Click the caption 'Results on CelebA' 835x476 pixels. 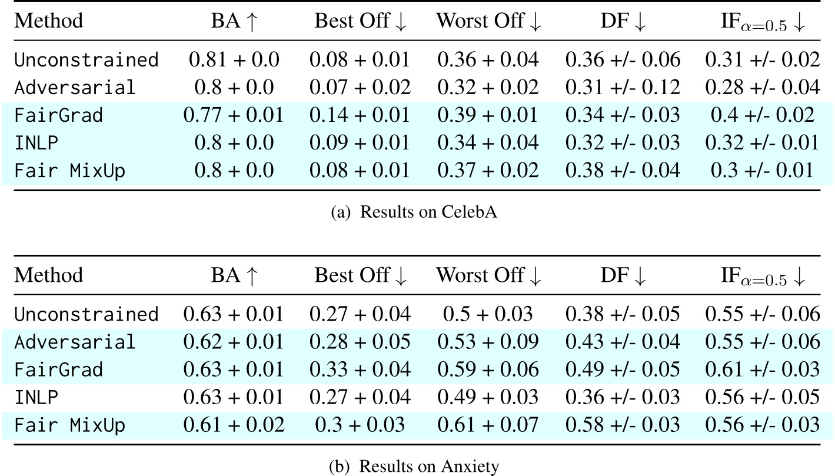[417, 212]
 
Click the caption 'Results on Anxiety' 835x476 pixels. [417, 467]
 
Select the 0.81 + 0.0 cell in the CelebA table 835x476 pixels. [234, 59]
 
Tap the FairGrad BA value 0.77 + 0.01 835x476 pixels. [234, 115]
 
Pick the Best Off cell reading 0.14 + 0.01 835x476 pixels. [362, 115]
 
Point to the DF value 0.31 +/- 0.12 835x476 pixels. [623, 88]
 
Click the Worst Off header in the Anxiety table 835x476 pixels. [487, 275]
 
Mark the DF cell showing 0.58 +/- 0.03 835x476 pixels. [623, 425]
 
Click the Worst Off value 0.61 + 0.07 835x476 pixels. [487, 425]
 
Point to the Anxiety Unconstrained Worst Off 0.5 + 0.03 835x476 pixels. [487, 314]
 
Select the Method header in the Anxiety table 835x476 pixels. [48, 275]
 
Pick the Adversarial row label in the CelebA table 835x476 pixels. [75, 88]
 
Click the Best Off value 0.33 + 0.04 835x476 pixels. [362, 370]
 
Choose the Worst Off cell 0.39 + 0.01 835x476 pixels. [487, 115]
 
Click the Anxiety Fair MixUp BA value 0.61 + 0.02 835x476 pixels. [234, 425]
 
